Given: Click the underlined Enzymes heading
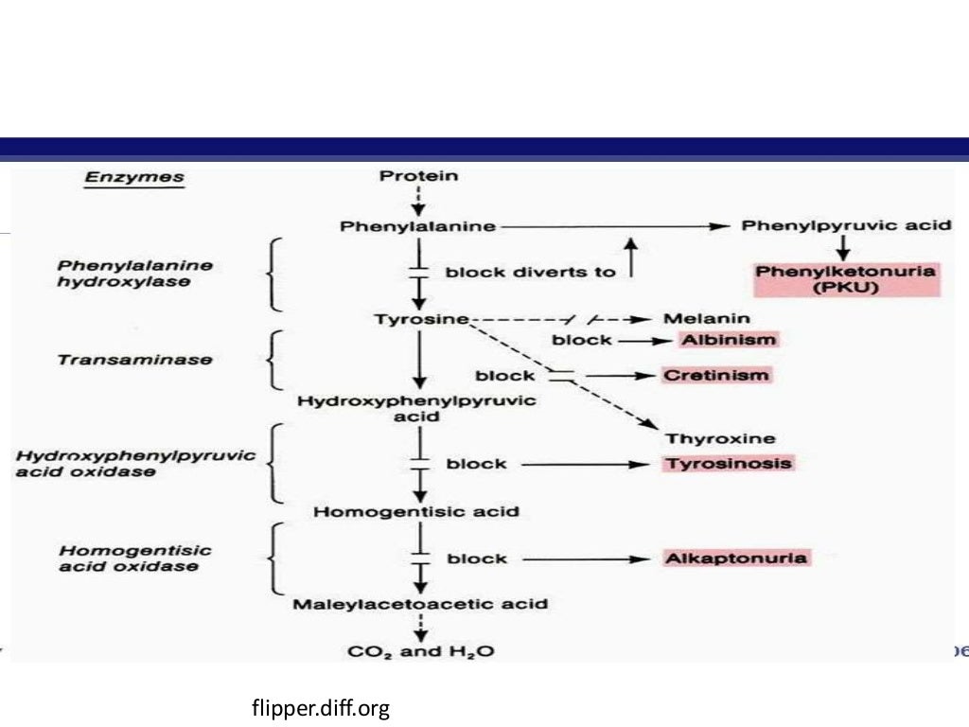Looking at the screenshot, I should (134, 177).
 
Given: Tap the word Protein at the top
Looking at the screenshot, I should (418, 176).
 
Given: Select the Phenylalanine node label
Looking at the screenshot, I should (417, 226).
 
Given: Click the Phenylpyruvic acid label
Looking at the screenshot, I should (846, 225).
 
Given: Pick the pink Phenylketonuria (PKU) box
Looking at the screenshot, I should (846, 279).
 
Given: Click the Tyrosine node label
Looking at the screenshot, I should (420, 319).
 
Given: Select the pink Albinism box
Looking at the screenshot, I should (727, 340).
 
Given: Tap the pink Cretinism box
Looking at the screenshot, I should (716, 375).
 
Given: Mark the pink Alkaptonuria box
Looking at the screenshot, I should (736, 558).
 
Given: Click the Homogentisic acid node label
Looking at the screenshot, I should (416, 511).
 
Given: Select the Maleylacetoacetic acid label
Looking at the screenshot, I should (419, 603).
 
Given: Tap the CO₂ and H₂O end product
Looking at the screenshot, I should (420, 651).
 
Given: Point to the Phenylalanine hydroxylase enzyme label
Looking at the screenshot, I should (134, 274).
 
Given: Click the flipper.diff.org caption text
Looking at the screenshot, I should (321, 707).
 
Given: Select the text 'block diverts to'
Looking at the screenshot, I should (530, 272).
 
